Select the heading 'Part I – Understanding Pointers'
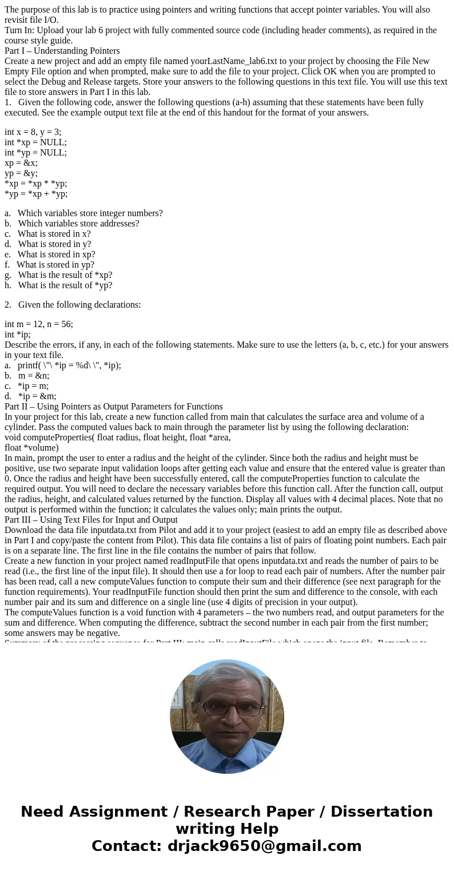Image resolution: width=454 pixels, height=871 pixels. [62, 51]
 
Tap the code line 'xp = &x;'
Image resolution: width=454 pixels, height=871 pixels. [21, 162]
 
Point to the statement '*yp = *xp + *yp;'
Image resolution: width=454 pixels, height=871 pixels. [36, 193]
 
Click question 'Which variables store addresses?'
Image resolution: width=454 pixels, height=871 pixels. [78, 224]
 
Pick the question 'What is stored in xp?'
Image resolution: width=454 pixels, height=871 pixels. [56, 254]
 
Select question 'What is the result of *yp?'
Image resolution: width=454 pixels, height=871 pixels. [65, 285]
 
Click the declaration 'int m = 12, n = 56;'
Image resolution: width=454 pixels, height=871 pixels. [39, 324]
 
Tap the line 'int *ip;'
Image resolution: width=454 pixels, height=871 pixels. [18, 335]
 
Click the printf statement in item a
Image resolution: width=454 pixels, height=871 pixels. [69, 365]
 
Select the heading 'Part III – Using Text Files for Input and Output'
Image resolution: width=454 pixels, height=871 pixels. [91, 520]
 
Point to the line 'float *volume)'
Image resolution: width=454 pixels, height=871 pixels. [31, 448]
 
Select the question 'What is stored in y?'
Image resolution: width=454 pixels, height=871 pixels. [54, 244]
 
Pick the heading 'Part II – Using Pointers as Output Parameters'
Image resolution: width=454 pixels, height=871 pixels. [114, 407]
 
